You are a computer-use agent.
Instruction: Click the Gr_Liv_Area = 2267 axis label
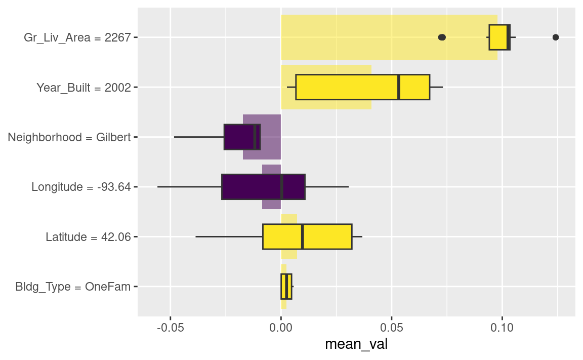(77, 37)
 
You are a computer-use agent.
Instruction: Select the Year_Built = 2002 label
(84, 88)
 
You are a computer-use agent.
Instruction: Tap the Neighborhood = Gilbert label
(69, 137)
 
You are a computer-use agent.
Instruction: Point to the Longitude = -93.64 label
(81, 187)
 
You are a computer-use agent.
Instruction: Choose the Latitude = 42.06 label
(88, 237)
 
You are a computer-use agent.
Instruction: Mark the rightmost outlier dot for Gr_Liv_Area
(556, 37)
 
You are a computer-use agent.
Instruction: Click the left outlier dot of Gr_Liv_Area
(441, 37)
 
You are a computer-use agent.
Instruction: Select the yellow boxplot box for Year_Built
(362, 87)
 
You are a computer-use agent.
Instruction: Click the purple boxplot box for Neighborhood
(242, 137)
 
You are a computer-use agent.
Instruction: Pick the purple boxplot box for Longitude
(263, 187)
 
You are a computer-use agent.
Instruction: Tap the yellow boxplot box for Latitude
(307, 236)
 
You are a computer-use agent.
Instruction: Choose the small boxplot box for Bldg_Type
(286, 287)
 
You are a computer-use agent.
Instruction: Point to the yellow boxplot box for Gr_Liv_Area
(499, 37)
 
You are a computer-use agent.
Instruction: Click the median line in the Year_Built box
(399, 87)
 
